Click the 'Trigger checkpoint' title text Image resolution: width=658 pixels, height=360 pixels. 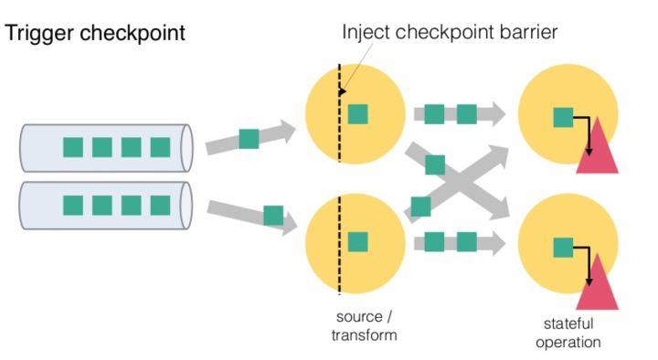[96, 34]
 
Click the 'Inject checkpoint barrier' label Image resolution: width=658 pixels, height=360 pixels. [449, 32]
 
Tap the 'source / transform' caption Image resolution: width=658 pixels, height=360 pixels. [364, 325]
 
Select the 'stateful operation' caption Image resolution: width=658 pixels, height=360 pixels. [568, 333]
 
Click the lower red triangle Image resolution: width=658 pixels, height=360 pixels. [599, 284]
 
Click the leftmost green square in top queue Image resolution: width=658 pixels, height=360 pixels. [73, 147]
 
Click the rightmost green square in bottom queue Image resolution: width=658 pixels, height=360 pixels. [161, 205]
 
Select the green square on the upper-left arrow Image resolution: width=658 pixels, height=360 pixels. [249, 139]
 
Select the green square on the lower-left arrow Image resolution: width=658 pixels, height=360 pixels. [272, 215]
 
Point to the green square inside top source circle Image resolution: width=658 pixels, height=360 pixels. [357, 114]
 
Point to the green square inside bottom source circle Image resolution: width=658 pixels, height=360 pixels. [357, 241]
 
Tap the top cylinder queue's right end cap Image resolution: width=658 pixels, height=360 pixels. [187, 146]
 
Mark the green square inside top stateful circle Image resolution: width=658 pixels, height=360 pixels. [564, 116]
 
